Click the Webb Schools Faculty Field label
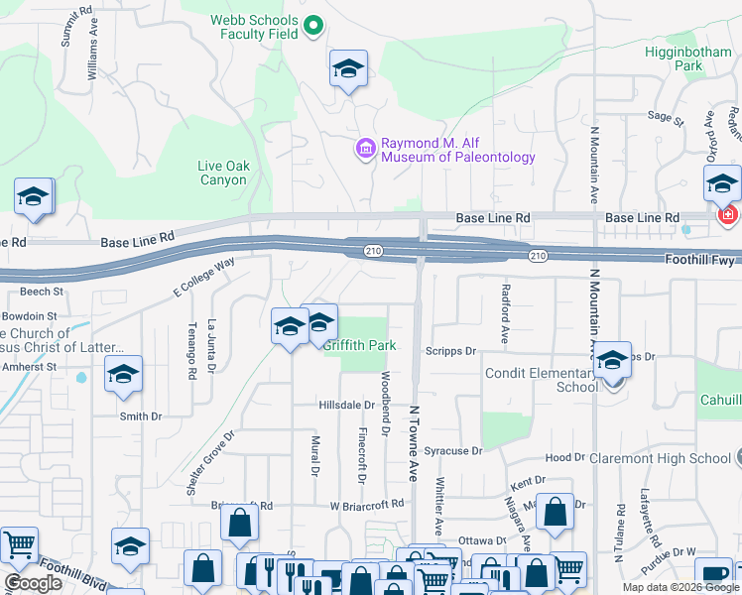tap(253, 27)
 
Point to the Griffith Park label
tap(359, 345)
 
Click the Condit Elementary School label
tap(542, 380)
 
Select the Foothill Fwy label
tap(699, 258)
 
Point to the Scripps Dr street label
tap(451, 351)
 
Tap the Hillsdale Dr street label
tap(346, 406)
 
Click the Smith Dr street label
tap(140, 416)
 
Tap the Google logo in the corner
tap(33, 582)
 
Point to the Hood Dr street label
tap(565, 458)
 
